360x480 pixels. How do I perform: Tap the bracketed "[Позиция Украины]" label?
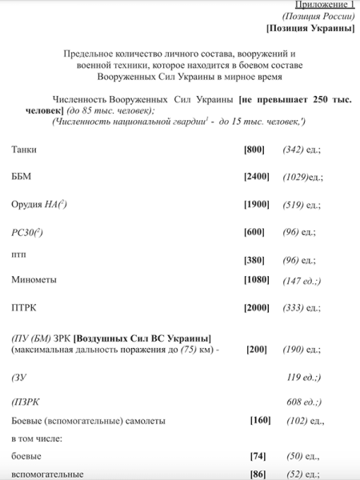[310, 29]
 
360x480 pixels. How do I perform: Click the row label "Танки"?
[24, 149]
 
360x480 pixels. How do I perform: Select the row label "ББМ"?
[22, 176]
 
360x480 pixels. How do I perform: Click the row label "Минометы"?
[34, 279]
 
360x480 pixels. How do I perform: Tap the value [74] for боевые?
[258, 456]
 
